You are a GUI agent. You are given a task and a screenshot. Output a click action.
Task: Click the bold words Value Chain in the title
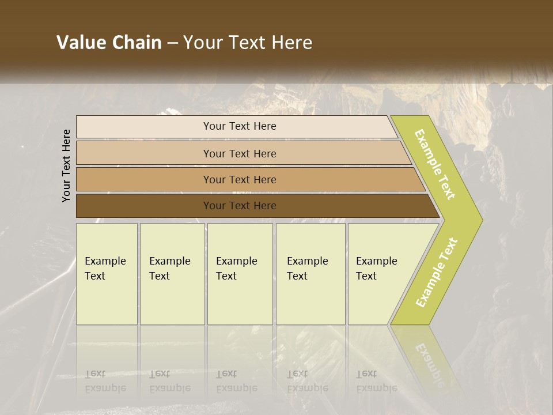(x=109, y=43)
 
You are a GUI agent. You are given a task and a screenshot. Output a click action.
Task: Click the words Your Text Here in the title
(x=248, y=43)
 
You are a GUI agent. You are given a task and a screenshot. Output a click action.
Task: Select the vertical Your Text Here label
(x=67, y=166)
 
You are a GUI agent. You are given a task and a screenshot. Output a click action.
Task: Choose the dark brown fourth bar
(x=144, y=206)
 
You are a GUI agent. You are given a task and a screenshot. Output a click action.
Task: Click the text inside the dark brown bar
(x=240, y=206)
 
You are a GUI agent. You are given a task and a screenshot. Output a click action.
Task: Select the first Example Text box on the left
(x=107, y=274)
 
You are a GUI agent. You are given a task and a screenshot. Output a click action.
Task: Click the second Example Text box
(x=172, y=274)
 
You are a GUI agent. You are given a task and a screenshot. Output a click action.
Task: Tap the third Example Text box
(x=239, y=274)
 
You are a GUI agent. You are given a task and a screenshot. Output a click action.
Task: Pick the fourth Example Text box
(x=310, y=274)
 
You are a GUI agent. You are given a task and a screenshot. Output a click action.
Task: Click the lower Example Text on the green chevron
(x=437, y=273)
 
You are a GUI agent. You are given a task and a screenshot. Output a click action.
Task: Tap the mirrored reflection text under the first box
(x=105, y=381)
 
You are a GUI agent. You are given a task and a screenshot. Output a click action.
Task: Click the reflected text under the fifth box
(x=376, y=381)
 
